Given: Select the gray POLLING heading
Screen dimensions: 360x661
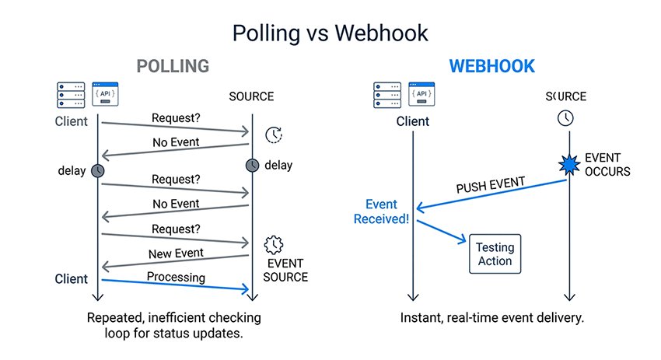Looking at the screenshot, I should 173,66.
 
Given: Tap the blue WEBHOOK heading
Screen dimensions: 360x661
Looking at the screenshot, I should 492,66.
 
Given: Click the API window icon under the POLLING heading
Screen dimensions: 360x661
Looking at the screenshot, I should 105,95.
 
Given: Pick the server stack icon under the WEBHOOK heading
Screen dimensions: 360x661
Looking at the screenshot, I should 377,95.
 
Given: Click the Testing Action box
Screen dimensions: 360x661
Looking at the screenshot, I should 495,253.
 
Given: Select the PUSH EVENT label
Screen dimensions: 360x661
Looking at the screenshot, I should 491,188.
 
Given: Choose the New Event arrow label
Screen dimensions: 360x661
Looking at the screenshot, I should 176,253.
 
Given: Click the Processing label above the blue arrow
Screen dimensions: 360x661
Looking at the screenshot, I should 176,277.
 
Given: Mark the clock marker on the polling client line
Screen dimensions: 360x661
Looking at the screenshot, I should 98,170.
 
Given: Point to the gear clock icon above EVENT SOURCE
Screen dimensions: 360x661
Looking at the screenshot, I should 275,246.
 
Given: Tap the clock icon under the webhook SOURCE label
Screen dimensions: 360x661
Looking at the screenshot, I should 565,118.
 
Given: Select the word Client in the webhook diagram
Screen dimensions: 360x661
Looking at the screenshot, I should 413,121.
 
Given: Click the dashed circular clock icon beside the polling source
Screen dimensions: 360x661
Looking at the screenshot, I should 274,135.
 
